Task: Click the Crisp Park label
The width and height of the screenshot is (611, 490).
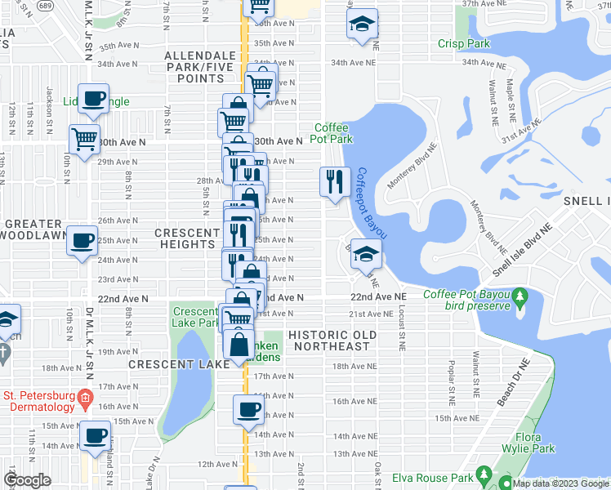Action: coord(463,43)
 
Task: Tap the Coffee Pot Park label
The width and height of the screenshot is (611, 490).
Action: coord(332,134)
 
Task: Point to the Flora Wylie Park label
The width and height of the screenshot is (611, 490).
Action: coord(534,443)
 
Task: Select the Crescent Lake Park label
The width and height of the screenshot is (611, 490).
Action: coord(195,317)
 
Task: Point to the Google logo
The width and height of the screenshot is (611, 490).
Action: coord(28,479)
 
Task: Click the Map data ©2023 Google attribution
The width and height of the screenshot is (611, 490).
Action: coord(560,483)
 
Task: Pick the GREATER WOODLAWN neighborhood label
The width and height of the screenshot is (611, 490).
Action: coord(32,229)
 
